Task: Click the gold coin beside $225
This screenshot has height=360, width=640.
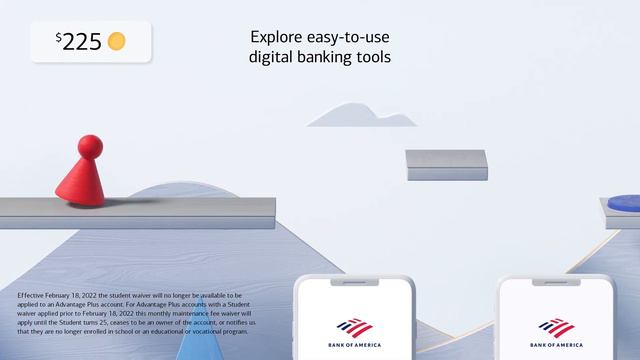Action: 117,41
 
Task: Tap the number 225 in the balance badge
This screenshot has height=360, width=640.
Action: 83,42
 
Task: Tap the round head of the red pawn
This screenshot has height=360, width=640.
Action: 89,148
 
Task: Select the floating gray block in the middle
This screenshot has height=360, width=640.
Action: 446,165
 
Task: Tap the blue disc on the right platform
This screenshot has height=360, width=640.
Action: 624,201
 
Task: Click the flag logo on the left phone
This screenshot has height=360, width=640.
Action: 355,327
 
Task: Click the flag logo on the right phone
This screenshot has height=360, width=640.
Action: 556,327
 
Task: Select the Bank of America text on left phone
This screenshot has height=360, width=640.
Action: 355,344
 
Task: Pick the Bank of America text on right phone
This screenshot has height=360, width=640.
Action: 556,344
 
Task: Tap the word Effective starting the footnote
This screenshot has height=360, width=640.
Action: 32,296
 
